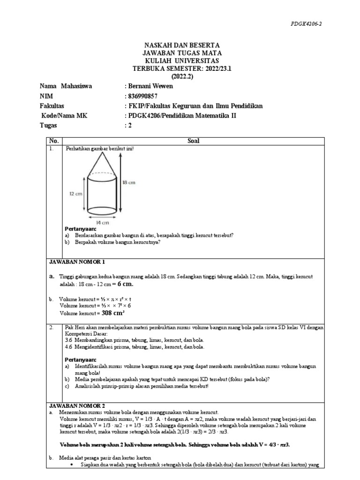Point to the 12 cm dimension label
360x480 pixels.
[x=75, y=193]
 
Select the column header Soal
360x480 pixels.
[x=193, y=140]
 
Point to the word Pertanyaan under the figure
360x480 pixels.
[x=81, y=229]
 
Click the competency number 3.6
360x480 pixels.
[x=69, y=339]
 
